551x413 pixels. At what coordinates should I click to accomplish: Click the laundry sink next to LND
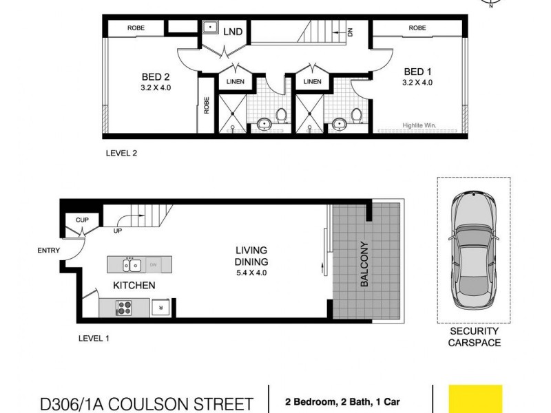coord(210,29)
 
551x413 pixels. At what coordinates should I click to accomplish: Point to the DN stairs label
coord(351,32)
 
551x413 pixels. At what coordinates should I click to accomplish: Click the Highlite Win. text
coord(420,126)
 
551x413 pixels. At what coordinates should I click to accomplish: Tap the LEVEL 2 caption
coord(121,153)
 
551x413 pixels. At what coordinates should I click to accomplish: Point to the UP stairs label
coord(118,231)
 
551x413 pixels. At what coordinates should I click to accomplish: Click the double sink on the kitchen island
coord(131,264)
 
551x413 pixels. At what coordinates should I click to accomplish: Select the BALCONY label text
coord(364,264)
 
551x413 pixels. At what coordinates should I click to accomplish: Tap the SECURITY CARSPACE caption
coord(475,337)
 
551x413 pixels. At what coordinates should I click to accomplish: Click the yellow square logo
coord(475,400)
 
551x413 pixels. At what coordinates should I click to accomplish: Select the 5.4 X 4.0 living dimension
coord(251,273)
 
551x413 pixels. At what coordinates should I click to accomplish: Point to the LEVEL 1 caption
coord(94,338)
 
